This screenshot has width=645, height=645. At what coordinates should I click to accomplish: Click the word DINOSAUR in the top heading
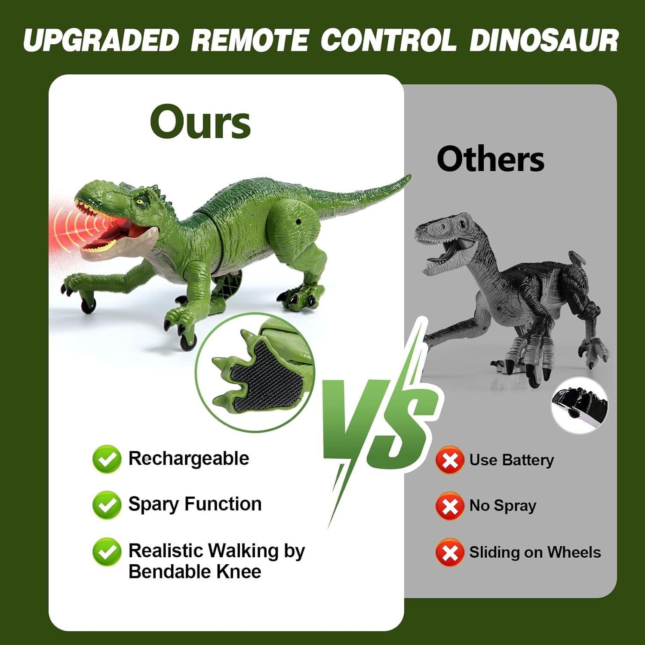point(544,40)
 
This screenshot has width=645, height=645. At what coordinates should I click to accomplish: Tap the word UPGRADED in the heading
point(101,40)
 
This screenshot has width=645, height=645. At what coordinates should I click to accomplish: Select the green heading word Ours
point(200,122)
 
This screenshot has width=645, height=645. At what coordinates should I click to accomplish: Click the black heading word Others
point(491,159)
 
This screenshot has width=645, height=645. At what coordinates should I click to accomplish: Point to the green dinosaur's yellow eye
point(139,201)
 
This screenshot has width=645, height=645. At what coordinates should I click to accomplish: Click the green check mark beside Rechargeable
point(107,459)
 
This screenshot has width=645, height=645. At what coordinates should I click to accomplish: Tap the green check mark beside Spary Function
point(107,505)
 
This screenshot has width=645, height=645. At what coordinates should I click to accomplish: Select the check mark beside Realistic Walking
point(107,552)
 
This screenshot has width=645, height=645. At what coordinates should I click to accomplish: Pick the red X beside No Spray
point(450,506)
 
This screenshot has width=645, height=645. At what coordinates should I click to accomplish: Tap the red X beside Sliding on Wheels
point(450,553)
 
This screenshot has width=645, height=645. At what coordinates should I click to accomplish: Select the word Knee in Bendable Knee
point(239,572)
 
